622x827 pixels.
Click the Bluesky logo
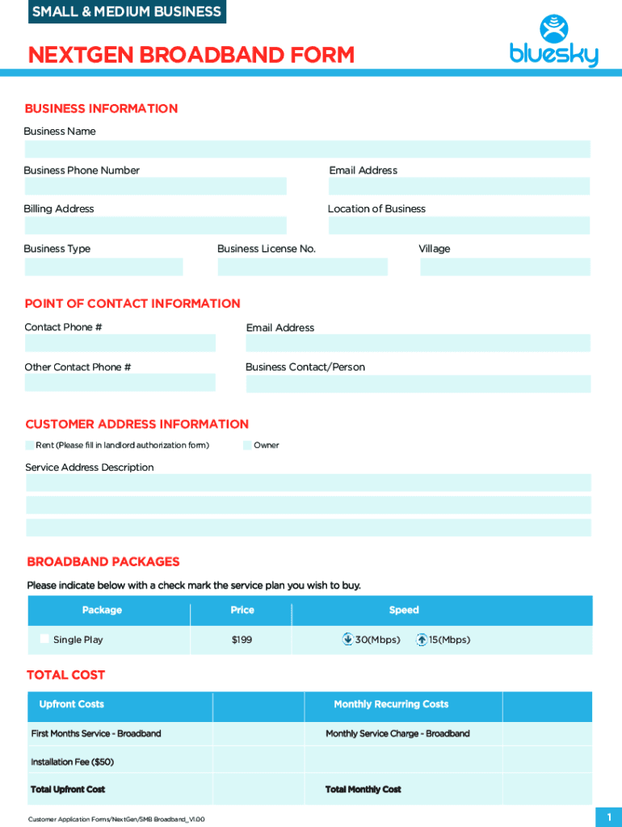554,42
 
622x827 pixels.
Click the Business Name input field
307,149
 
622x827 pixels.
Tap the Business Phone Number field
155,187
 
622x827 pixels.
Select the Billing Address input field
155,225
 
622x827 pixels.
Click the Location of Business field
459,225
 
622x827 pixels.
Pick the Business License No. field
303,267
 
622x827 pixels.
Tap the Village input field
505,267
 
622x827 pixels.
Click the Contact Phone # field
120,343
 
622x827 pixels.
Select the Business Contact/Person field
418,384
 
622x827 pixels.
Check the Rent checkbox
30,445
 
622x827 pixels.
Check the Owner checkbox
247,445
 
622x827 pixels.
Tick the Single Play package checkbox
44,639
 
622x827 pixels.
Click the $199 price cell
242,640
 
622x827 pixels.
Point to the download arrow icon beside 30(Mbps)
347,640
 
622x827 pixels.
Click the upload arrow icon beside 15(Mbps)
421,640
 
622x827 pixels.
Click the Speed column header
404,611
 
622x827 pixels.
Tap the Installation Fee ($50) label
72,762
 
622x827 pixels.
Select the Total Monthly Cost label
364,789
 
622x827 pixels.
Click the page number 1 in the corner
608,817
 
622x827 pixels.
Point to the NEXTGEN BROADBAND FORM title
191,55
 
